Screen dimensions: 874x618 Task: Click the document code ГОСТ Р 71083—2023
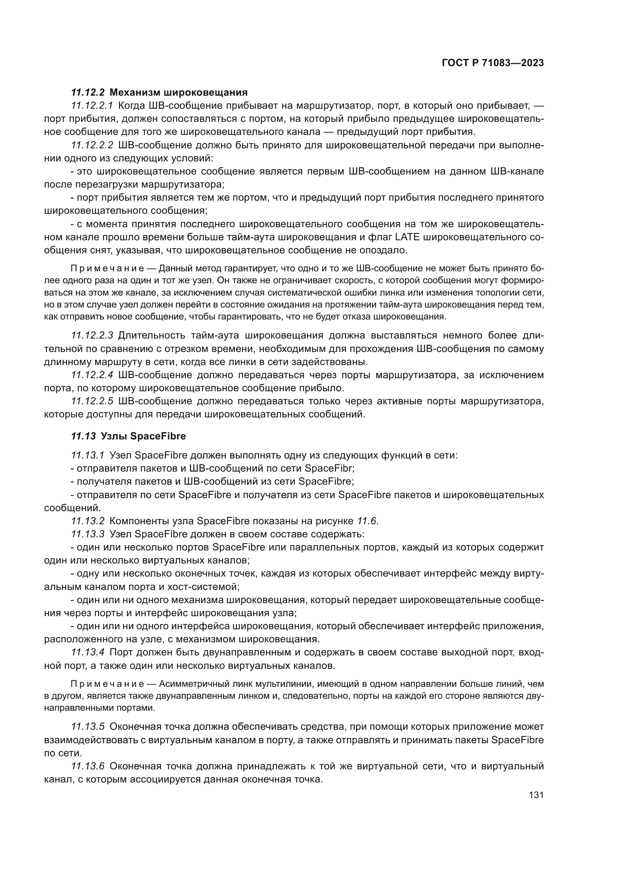(x=492, y=63)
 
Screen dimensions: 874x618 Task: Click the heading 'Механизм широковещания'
(x=179, y=93)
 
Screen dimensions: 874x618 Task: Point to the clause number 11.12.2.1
(x=92, y=105)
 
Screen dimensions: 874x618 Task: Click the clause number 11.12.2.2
(x=92, y=145)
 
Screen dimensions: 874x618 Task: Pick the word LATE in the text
(x=407, y=237)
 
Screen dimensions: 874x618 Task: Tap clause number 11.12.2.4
(x=92, y=375)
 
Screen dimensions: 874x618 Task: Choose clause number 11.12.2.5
(x=92, y=401)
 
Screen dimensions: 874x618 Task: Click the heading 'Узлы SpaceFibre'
(x=143, y=436)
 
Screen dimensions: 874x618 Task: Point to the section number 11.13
(x=83, y=436)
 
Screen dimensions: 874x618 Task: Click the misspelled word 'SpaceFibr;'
(x=330, y=468)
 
